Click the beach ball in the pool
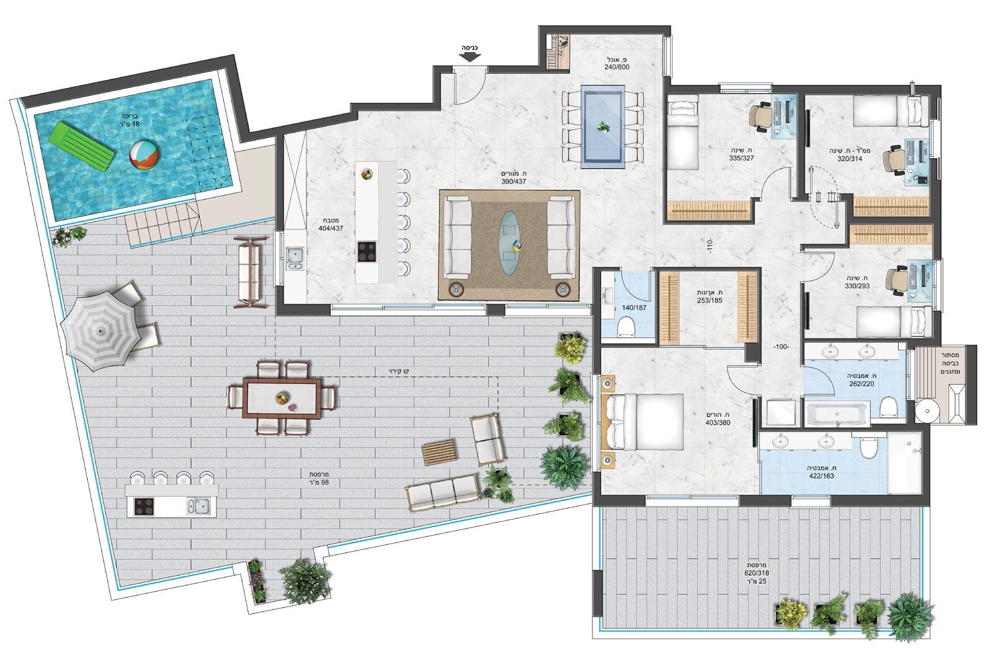144,154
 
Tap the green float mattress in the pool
81,146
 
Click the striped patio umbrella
100,330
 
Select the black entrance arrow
470,56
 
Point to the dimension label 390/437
514,182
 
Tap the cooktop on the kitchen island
367,252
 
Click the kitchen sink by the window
295,258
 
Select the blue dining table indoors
602,127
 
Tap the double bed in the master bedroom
643,422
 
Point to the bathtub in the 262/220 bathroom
837,414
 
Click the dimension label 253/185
710,301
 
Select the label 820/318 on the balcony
756,573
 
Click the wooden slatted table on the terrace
439,452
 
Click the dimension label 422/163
821,476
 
